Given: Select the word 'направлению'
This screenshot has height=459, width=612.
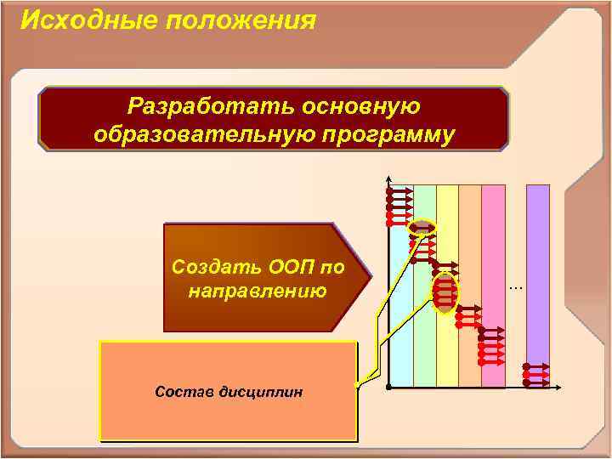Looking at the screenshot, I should pos(257,292).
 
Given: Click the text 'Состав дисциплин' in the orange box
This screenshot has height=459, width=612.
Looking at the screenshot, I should pos(228,392).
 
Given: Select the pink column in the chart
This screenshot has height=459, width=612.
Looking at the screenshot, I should pos(493,255).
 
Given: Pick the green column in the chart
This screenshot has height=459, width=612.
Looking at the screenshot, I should pos(424,323).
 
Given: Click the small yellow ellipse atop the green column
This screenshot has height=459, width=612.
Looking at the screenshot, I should pos(422,228).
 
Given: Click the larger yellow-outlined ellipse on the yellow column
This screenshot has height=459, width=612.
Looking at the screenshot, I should pos(445,292).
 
